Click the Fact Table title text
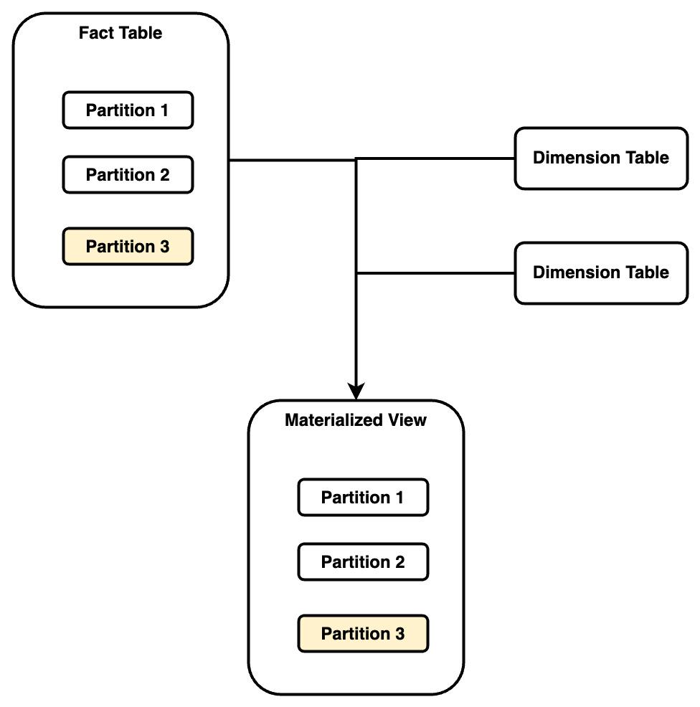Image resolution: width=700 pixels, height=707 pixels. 120,33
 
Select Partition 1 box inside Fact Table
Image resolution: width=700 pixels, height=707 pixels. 128,110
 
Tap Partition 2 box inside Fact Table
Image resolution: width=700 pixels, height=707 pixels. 128,174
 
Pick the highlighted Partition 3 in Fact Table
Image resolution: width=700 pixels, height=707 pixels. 128,246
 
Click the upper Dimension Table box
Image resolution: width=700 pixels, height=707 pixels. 601,158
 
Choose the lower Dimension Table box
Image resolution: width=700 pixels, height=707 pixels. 601,272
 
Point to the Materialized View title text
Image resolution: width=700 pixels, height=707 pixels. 356,420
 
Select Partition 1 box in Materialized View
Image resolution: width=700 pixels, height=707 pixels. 363,498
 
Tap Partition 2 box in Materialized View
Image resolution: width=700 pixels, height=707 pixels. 363,562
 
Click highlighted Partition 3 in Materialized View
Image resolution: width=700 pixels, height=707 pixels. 363,634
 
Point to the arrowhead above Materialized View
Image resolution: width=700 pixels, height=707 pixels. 356,392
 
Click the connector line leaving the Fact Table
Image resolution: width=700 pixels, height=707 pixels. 293,160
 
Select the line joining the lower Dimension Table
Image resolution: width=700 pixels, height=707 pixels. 435,273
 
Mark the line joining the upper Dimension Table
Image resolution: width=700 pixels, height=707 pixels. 435,158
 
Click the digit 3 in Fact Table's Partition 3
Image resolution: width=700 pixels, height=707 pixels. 165,247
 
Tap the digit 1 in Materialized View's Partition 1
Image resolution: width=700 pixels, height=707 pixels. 399,498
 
